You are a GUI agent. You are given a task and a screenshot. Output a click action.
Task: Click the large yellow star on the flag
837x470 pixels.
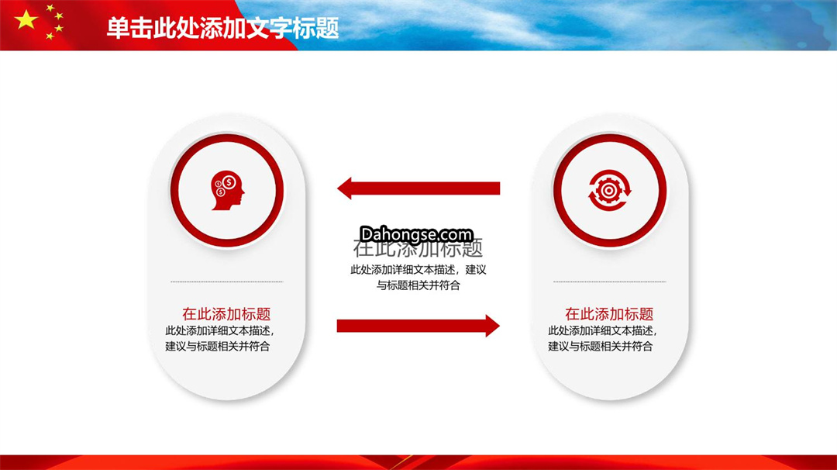click(26, 20)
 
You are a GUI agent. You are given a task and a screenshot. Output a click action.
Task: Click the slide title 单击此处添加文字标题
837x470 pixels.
click(222, 28)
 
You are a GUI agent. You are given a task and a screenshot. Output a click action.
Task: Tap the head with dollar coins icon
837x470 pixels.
click(227, 190)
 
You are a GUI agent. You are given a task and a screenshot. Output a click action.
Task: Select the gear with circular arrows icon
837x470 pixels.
click(610, 190)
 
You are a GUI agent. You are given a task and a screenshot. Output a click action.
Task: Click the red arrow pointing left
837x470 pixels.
click(418, 188)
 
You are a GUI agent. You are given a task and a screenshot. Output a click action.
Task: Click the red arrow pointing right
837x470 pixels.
click(418, 326)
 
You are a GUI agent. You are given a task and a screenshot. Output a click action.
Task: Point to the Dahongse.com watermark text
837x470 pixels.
click(416, 234)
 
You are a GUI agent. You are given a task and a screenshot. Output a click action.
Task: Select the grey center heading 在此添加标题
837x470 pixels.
click(418, 248)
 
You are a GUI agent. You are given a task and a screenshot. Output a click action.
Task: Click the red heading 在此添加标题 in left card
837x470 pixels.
click(226, 313)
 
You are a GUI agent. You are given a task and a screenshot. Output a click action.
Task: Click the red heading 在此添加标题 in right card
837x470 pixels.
click(609, 313)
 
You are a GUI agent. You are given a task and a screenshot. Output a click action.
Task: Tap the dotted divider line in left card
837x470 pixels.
click(227, 282)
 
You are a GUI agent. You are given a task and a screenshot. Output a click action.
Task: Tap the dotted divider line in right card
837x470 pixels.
click(610, 282)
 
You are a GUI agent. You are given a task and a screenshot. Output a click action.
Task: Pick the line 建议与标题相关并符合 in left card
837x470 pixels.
click(217, 346)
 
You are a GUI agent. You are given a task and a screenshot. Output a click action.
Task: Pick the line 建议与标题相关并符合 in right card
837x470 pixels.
click(600, 346)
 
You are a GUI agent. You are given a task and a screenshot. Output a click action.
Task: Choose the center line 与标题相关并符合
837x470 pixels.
click(418, 285)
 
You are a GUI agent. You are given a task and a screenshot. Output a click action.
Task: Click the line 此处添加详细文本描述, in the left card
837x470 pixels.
click(220, 330)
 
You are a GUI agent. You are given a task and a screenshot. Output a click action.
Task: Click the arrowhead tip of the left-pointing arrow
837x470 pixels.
click(337, 188)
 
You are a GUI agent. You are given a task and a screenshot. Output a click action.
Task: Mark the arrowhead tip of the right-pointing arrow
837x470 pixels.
click(500, 326)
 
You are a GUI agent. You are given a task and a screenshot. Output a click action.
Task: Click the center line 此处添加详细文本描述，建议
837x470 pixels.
click(418, 270)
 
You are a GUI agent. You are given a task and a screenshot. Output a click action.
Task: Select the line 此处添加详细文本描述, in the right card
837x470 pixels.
click(603, 330)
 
